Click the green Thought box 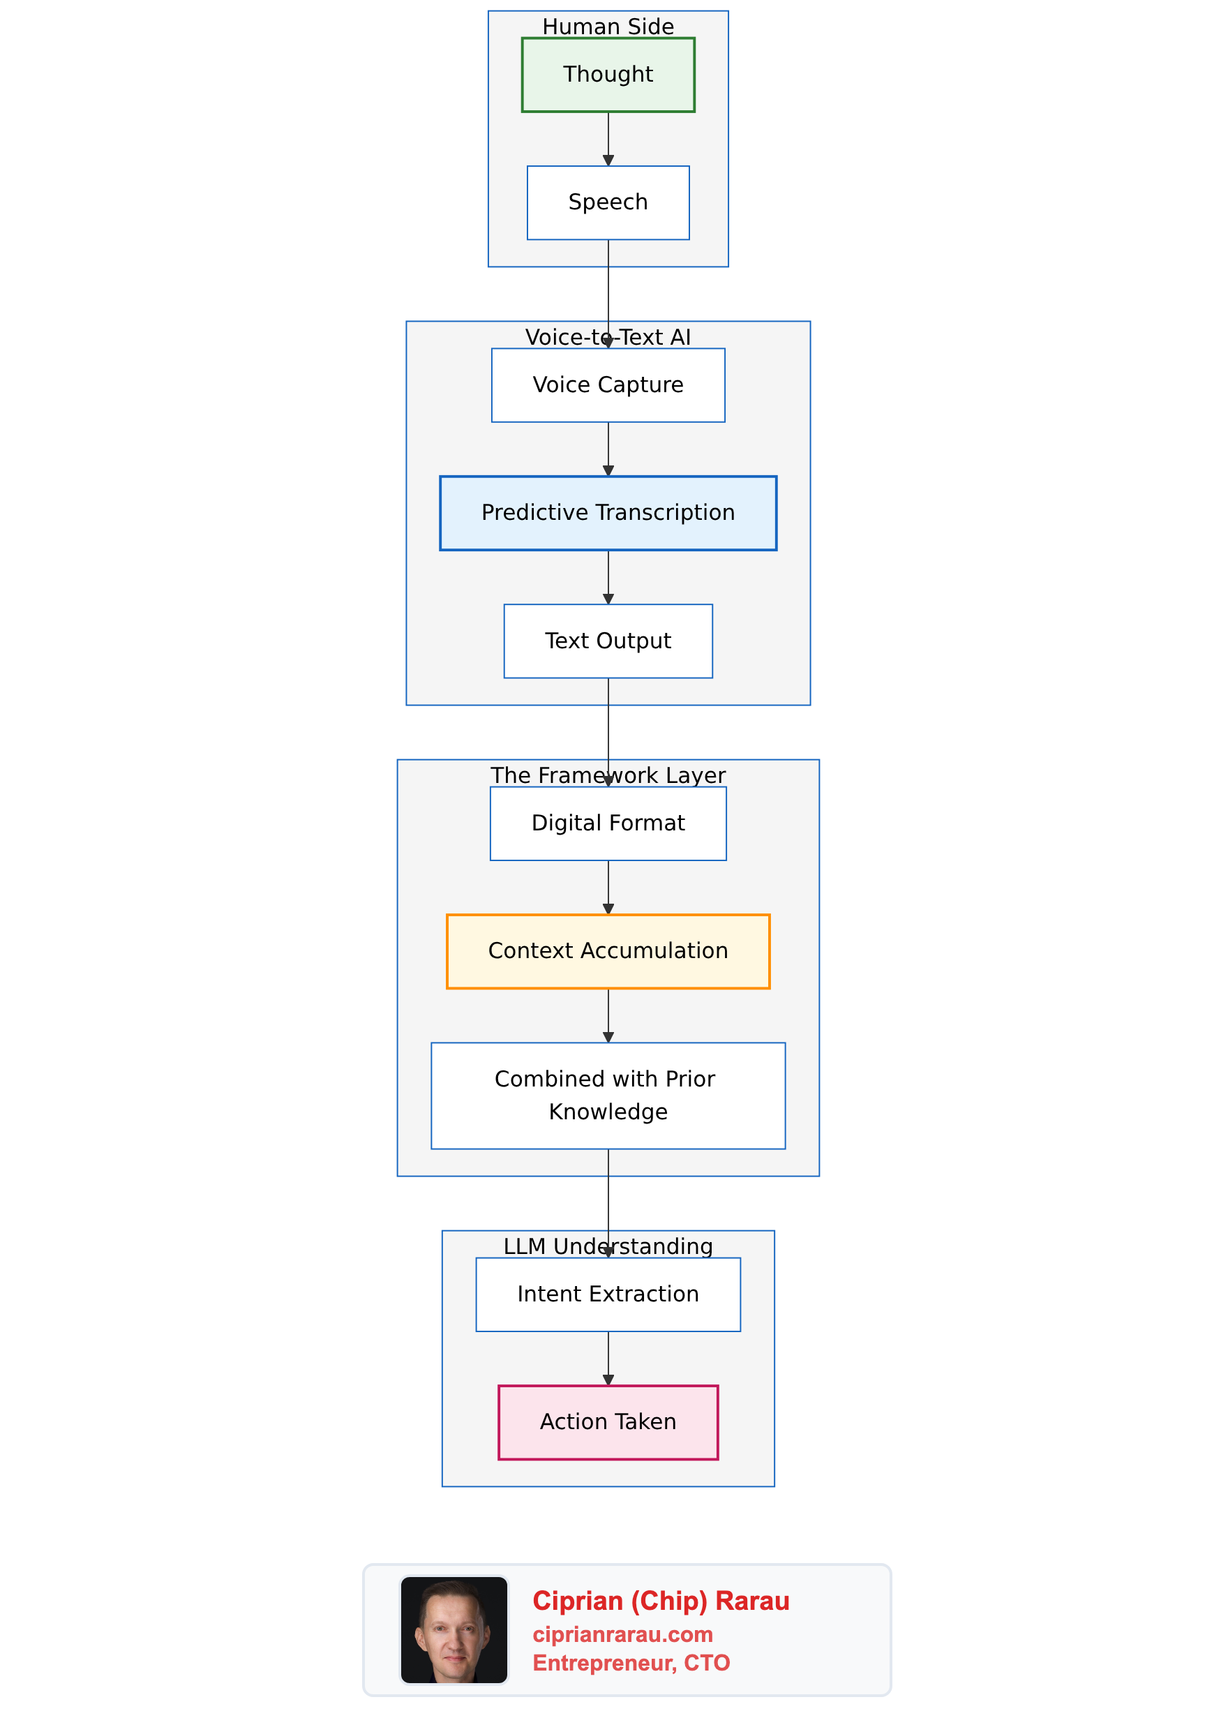point(608,75)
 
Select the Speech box point(608,202)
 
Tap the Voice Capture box point(608,385)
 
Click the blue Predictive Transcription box point(608,513)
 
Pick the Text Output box point(608,641)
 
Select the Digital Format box point(608,823)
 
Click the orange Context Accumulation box point(608,950)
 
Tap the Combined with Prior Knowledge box point(608,1095)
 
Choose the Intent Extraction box point(608,1294)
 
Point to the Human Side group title point(608,27)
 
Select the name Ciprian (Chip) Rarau point(661,1601)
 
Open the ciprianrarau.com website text point(622,1634)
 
